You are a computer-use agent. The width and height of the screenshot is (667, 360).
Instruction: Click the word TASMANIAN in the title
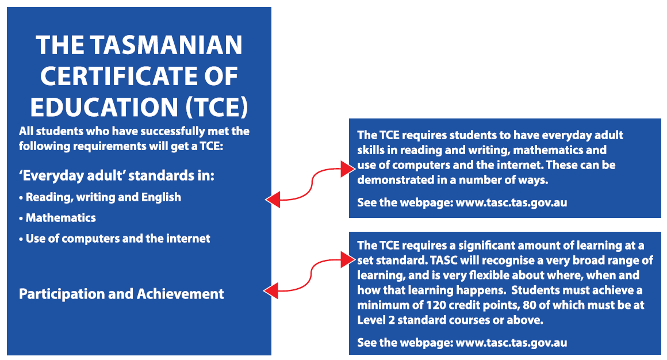point(166,45)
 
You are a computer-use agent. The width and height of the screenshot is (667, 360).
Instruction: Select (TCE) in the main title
point(217,107)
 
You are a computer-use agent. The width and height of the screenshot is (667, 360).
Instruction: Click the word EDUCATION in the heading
point(104,107)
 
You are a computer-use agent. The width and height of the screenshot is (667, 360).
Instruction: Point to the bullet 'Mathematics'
point(57,218)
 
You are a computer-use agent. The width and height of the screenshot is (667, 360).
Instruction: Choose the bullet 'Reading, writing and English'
point(100,197)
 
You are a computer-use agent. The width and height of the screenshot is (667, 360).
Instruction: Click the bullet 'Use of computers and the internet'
point(114,238)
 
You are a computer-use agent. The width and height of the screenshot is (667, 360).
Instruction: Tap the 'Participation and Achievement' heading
point(121,294)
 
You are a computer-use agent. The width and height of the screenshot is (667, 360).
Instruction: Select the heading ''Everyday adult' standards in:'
point(117,176)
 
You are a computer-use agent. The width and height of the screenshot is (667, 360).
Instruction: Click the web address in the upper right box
point(511,202)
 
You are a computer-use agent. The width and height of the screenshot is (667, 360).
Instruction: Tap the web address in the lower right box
point(511,343)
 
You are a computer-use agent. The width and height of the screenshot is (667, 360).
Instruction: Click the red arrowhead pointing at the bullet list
point(273,199)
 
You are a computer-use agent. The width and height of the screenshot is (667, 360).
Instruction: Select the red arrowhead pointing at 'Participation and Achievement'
point(271,291)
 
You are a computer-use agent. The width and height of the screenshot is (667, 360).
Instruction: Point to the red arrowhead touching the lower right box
point(347,259)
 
